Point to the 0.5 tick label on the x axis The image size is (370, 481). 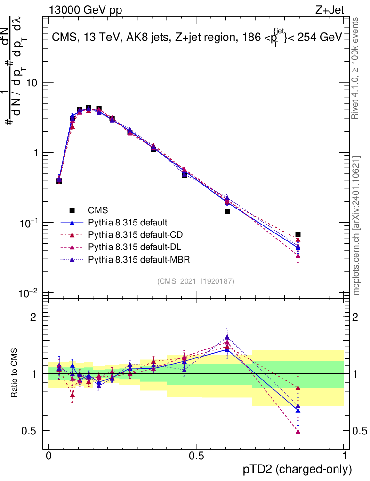[x=196, y=455]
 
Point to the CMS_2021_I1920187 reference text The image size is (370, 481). [x=196, y=281]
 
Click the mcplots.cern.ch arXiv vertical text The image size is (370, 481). [x=357, y=225]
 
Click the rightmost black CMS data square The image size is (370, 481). [x=298, y=234]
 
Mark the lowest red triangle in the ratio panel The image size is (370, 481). [x=298, y=431]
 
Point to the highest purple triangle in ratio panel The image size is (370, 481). [x=227, y=337]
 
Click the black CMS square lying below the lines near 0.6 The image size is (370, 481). [x=227, y=211]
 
